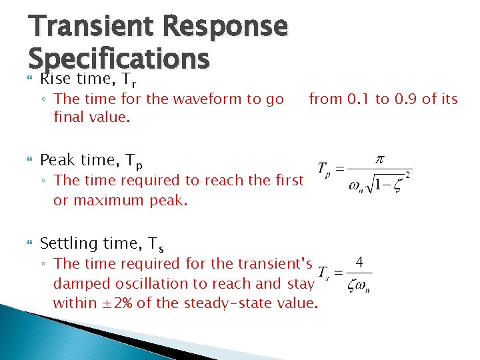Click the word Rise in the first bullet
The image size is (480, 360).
(x=55, y=79)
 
